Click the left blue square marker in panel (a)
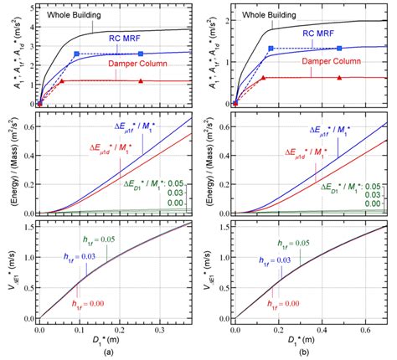pyautogui.click(x=77, y=54)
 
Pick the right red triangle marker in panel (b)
pyautogui.click(x=339, y=77)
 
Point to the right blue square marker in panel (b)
pyautogui.click(x=339, y=48)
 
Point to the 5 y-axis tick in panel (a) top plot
pyautogui.click(x=32, y=7)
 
